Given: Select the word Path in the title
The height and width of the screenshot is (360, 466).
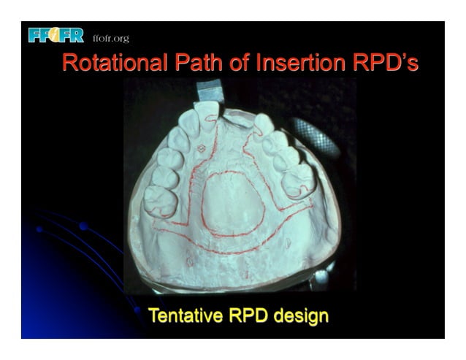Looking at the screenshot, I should (188, 64).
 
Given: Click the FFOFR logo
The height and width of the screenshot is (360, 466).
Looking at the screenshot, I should (56, 35).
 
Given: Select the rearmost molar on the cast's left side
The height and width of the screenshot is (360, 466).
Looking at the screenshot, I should (159, 200).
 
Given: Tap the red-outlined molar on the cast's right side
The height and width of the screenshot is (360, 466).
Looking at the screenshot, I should (299, 180).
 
